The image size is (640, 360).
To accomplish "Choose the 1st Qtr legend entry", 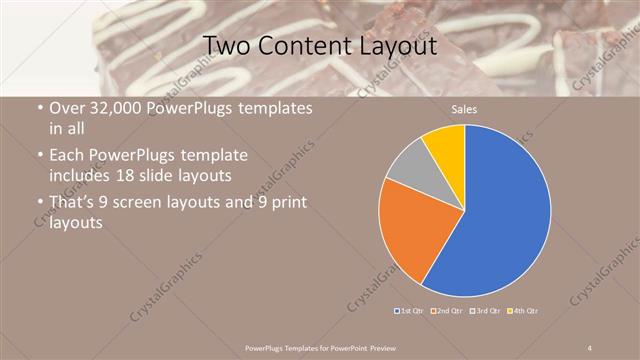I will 412,310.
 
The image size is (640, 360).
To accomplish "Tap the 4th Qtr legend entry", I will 524,310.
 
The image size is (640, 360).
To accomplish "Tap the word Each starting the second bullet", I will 67,156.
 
